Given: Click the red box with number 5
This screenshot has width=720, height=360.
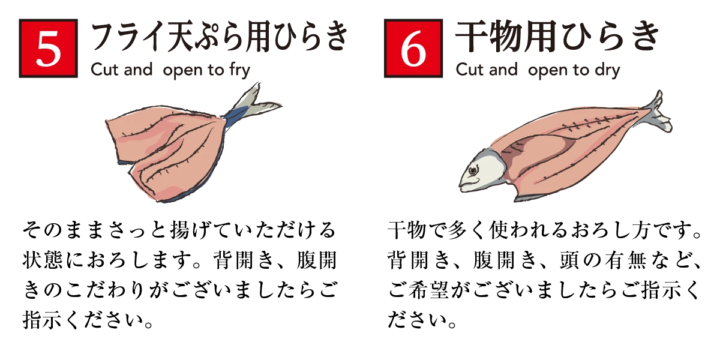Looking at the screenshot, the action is coord(48,48).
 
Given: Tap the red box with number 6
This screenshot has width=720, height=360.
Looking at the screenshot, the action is coord(413,48).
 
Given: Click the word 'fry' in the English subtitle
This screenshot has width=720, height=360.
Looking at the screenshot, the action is coord(239,71).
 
